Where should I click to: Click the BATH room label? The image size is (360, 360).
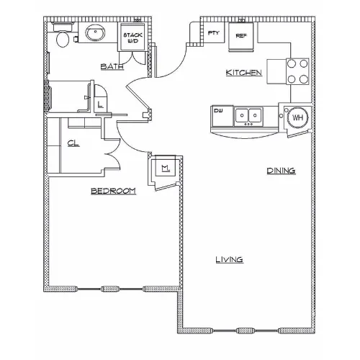[x=112, y=66]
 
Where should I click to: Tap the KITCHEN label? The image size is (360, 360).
[x=243, y=73]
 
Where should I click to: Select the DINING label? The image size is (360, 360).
[x=281, y=171]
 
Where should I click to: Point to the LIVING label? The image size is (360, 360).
[x=230, y=259]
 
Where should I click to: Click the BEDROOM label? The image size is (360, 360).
[x=113, y=191]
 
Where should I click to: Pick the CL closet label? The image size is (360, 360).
[x=73, y=143]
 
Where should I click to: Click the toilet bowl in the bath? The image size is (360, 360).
[x=63, y=40]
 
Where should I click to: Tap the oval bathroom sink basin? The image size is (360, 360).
[x=96, y=33]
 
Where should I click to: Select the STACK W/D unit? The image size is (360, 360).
[x=132, y=37]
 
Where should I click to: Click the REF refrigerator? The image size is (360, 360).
[x=241, y=37]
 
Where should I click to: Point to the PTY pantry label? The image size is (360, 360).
[x=213, y=33]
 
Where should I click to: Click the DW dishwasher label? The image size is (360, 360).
[x=218, y=111]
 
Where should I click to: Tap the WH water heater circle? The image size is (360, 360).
[x=298, y=117]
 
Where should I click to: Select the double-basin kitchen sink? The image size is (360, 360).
[x=248, y=116]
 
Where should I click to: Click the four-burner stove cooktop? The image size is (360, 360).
[x=297, y=71]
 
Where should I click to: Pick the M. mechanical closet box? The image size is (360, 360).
[x=166, y=167]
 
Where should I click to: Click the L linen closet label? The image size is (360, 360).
[x=100, y=104]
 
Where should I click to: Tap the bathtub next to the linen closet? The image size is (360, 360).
[x=69, y=96]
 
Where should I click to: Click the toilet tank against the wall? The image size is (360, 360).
[x=63, y=27]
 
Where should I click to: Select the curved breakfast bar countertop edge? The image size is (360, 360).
[x=245, y=135]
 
